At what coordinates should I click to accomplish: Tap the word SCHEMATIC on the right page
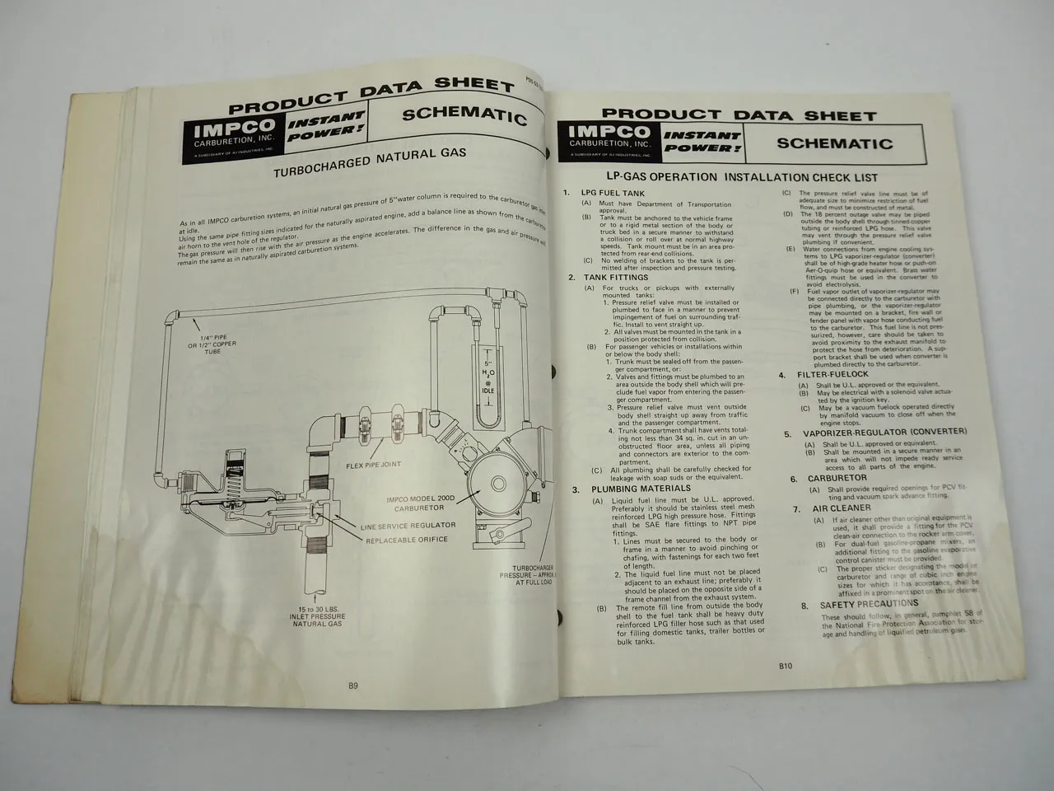835,143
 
